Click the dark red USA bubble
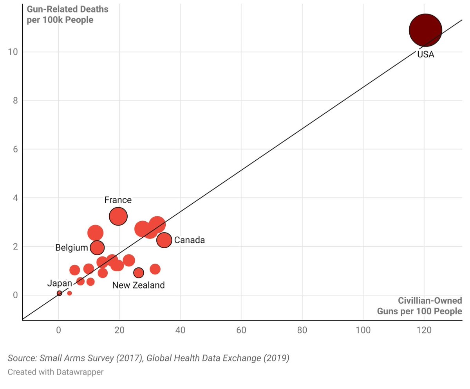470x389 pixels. (425, 30)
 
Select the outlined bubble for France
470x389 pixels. (118, 216)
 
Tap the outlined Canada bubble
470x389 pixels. (164, 240)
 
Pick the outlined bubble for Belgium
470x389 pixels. (97, 247)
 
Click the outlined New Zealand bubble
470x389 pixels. (139, 272)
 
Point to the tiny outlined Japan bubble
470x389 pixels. (59, 293)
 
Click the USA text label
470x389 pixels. (425, 55)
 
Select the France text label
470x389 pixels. (118, 200)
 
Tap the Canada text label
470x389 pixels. (189, 240)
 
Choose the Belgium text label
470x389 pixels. (71, 248)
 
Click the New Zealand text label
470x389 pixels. (138, 285)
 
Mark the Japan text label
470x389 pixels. (60, 283)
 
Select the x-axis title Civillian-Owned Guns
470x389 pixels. (419, 306)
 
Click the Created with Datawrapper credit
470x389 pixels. (56, 372)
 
